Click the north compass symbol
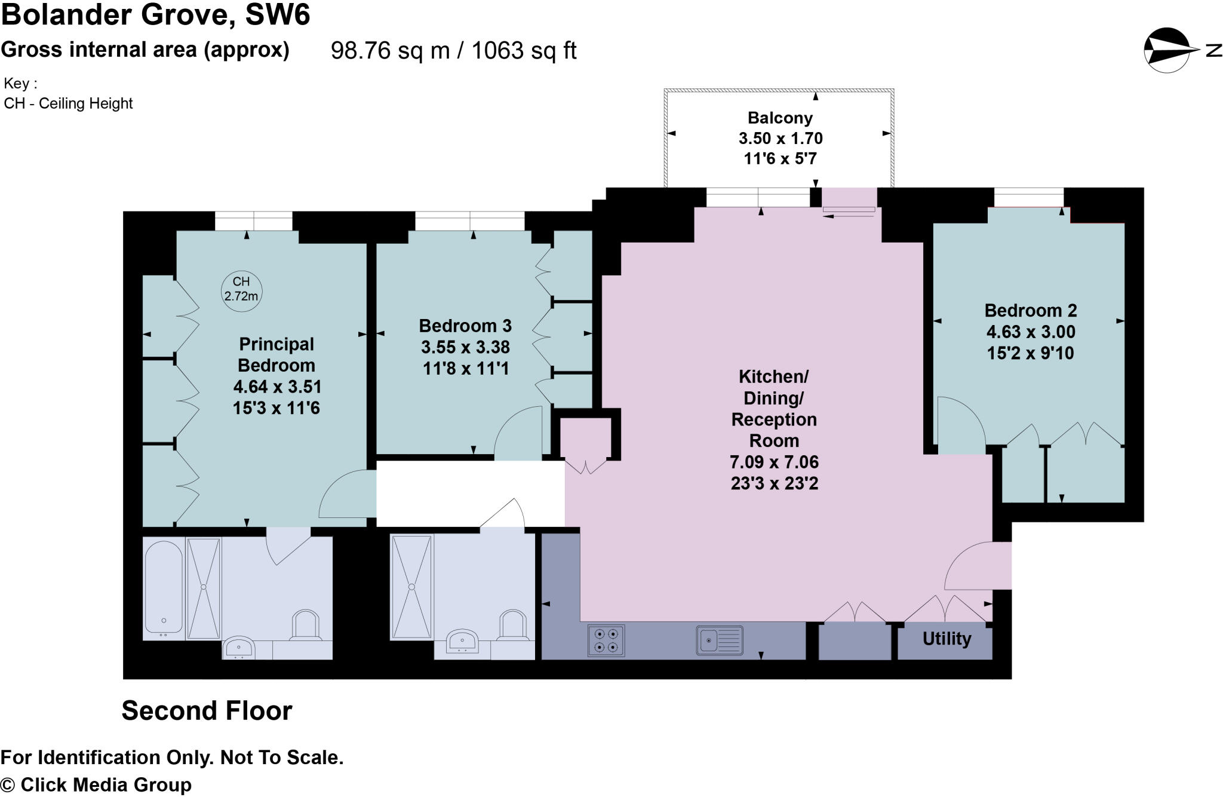[1168, 50]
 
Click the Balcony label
[780, 118]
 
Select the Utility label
[947, 639]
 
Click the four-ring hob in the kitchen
[606, 640]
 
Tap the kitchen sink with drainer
[720, 640]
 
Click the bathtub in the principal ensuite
[163, 587]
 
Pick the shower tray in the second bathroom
[411, 587]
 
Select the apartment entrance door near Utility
[978, 566]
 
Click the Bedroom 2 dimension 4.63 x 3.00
[1031, 332]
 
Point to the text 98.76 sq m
[390, 51]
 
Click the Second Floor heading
[207, 710]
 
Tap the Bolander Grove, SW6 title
[155, 14]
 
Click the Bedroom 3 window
[470, 221]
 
